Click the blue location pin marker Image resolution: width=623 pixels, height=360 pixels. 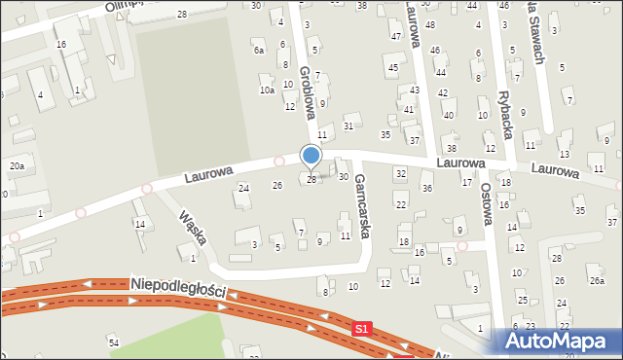point(311,156)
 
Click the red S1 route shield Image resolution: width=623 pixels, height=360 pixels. point(362,331)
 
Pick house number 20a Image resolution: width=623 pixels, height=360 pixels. point(17,166)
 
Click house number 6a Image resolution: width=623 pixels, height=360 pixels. point(258,50)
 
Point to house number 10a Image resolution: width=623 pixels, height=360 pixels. point(266,90)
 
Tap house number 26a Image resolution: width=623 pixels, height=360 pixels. point(597,280)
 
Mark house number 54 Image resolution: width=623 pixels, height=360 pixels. point(113,342)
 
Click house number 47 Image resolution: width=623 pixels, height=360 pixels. point(396,36)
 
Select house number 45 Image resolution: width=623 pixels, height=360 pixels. point(392,68)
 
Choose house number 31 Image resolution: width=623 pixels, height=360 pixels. point(348,126)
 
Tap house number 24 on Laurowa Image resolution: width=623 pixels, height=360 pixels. point(243,188)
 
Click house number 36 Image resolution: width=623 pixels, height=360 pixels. point(427,188)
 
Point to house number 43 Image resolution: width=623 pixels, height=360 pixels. point(415,90)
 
